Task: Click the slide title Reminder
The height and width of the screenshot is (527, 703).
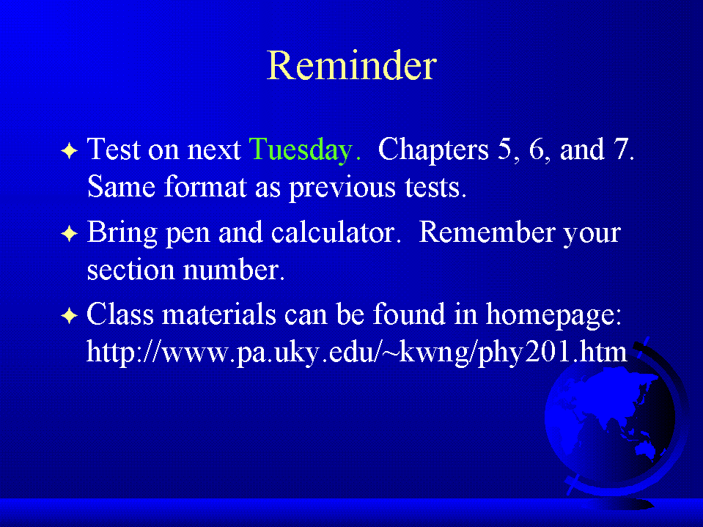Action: tap(352, 66)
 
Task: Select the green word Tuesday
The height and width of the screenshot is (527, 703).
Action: tap(301, 150)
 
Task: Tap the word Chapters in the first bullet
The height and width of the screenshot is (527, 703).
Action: tap(433, 150)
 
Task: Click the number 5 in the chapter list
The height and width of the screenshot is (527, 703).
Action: tap(505, 149)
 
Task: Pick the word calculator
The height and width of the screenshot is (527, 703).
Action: tap(333, 232)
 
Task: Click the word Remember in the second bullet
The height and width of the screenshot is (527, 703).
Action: tap(487, 232)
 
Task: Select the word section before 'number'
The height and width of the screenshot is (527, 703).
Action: tap(130, 270)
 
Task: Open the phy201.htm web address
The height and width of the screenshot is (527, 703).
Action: tap(356, 353)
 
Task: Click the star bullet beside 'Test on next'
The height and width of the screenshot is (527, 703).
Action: tap(70, 150)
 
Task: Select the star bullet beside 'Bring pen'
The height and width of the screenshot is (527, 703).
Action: tap(70, 234)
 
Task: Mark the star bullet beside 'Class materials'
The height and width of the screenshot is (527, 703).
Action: tap(70, 315)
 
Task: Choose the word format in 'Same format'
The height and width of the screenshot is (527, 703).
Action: tap(205, 186)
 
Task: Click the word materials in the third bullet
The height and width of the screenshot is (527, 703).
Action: tap(218, 314)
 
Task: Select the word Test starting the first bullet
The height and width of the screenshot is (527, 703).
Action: tap(114, 150)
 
